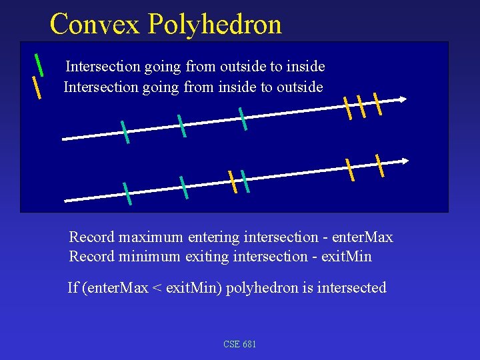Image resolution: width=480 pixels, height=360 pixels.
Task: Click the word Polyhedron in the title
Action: (215, 25)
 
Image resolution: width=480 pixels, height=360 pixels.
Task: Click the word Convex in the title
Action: (95, 24)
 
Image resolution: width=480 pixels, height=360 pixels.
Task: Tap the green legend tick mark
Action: (39, 64)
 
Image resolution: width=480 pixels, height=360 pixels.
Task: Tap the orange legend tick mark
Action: (37, 87)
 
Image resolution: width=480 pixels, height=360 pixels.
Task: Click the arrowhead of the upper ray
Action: (402, 99)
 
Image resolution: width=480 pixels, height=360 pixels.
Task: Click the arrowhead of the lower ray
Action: (405, 161)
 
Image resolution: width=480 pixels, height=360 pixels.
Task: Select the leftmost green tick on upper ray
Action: (125, 132)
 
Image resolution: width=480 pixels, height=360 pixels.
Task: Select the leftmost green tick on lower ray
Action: (127, 193)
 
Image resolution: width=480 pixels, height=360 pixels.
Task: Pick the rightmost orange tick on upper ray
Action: (377, 104)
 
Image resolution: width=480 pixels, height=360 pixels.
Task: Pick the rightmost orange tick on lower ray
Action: (380, 165)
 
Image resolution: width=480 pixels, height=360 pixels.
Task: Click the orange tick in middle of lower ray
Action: (232, 181)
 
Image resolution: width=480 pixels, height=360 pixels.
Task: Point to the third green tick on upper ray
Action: (243, 119)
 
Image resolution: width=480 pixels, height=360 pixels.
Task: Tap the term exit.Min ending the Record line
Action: (346, 257)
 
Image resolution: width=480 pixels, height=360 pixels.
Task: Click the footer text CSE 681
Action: (240, 344)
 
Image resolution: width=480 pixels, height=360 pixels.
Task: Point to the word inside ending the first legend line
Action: (305, 67)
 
